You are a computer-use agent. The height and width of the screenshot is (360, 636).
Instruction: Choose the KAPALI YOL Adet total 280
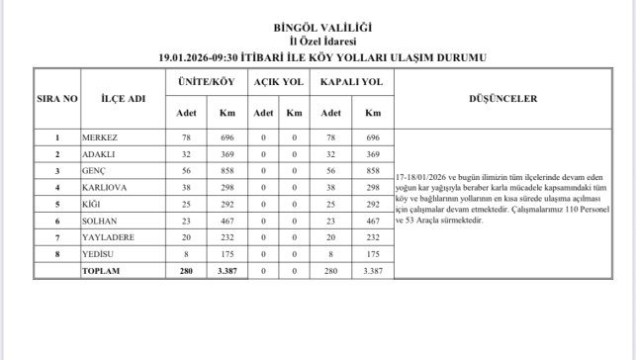[x=331, y=270]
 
